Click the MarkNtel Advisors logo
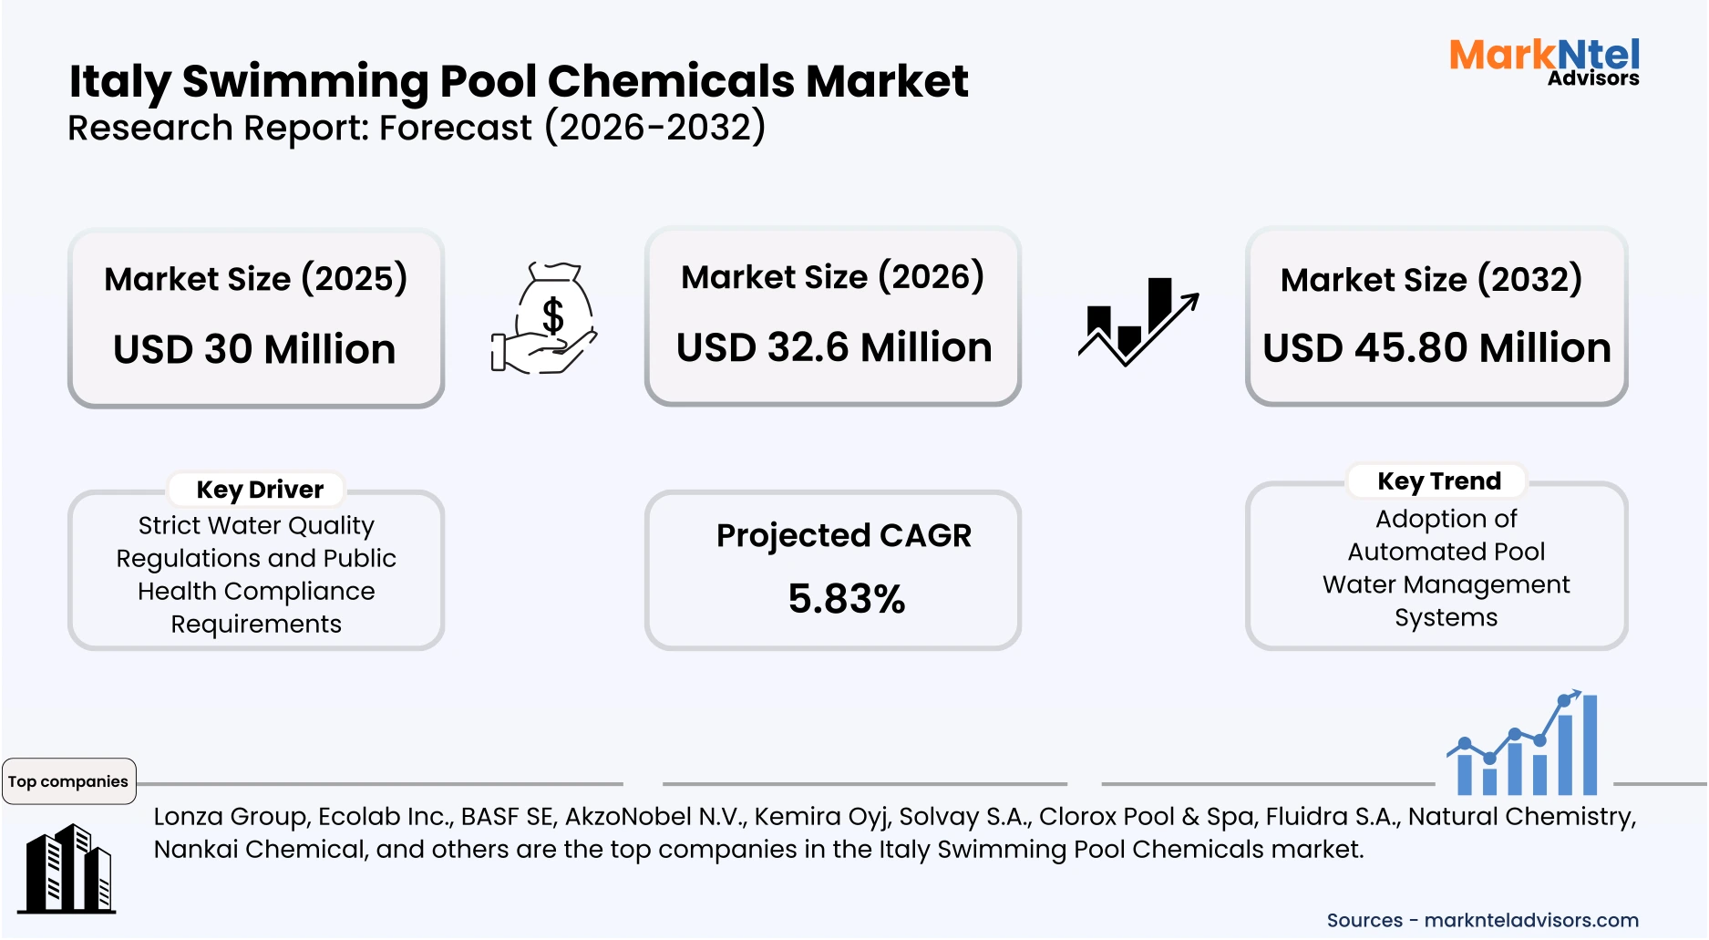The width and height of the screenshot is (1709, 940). pos(1544,62)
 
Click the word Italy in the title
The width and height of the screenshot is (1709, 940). pos(119,82)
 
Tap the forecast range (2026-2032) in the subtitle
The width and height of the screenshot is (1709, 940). pos(655,128)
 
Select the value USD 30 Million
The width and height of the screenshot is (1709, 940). pos(254,350)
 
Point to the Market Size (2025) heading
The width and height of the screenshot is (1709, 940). pos(255,279)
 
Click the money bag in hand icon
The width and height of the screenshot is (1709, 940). pos(545,318)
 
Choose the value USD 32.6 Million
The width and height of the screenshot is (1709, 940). pos(833,348)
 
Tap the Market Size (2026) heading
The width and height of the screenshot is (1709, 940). pos(832,277)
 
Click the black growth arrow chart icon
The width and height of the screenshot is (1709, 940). pos(1138,322)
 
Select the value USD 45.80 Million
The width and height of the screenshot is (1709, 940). pos(1436,348)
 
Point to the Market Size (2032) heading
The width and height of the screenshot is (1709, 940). pos(1431,280)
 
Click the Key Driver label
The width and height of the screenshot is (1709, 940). pos(260,490)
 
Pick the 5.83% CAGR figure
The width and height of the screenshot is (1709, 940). pos(846,599)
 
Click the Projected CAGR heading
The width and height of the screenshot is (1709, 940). pos(843,535)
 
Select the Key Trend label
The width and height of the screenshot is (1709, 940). pos(1438,480)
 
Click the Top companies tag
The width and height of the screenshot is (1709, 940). pos(68,781)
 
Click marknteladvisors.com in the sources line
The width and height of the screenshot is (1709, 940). pos(1530,920)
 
